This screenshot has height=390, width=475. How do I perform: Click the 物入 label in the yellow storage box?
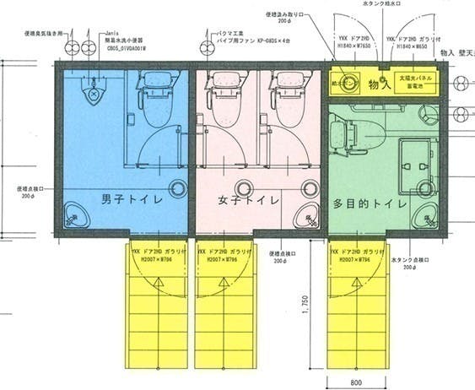[x=381, y=84]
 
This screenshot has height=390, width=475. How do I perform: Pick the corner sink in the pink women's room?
[x=305, y=218]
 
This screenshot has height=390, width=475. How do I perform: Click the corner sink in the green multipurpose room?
[x=425, y=218]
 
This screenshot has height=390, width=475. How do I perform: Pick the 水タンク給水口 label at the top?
[x=386, y=5]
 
